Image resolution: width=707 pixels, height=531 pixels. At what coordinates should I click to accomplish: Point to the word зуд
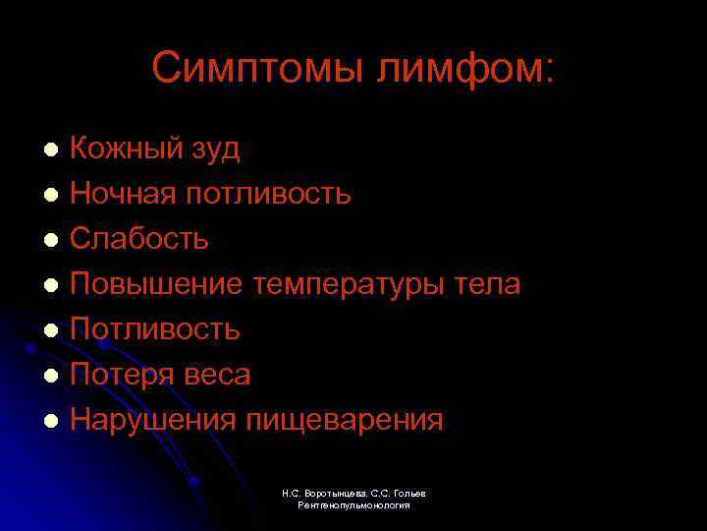[215, 150]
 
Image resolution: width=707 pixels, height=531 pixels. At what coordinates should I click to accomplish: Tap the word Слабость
[139, 239]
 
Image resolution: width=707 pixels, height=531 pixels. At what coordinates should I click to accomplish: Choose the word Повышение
[156, 284]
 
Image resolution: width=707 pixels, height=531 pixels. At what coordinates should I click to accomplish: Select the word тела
[488, 284]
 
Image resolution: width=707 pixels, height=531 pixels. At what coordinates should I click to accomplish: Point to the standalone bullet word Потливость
[155, 329]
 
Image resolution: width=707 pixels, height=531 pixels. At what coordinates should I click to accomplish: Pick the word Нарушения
[153, 421]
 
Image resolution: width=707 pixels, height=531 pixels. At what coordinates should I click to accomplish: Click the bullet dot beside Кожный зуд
[52, 149]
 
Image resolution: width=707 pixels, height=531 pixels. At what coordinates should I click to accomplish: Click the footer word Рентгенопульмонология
[353, 504]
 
